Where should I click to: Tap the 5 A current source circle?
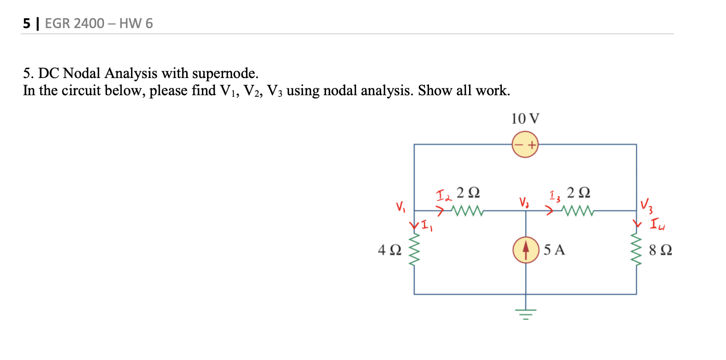pyautogui.click(x=526, y=250)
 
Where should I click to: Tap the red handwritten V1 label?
pyautogui.click(x=399, y=208)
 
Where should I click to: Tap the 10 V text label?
pyautogui.click(x=525, y=119)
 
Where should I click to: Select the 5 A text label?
pyautogui.click(x=554, y=251)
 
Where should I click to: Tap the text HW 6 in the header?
pyautogui.click(x=136, y=23)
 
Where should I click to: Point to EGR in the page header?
pyautogui.click(x=59, y=23)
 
